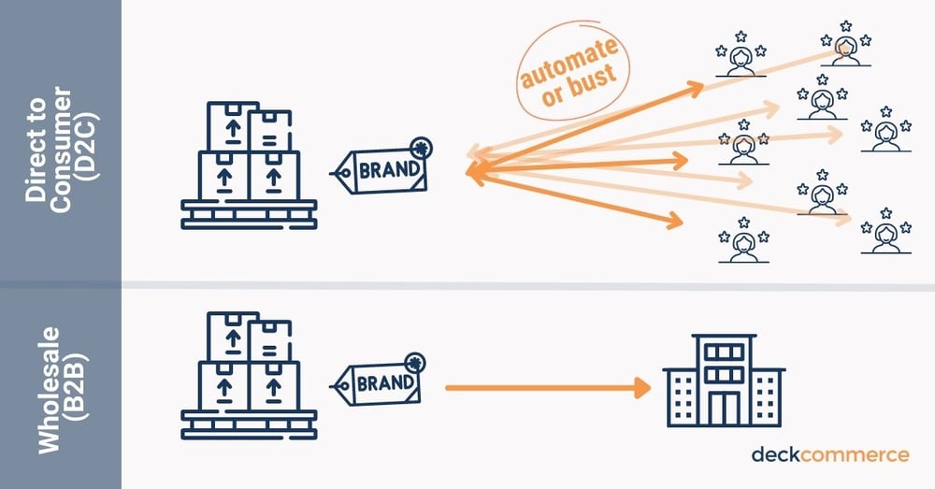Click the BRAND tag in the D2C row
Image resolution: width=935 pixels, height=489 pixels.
click(x=381, y=171)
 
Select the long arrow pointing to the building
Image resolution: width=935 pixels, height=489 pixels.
click(x=547, y=385)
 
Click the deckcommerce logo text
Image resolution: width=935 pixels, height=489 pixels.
click(x=829, y=454)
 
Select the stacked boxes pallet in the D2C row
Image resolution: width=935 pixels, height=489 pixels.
click(x=249, y=166)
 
